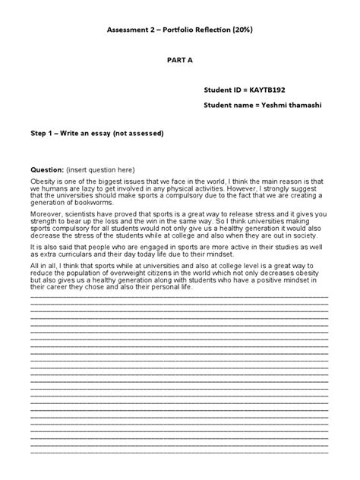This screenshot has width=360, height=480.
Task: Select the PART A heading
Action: [x=179, y=67]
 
